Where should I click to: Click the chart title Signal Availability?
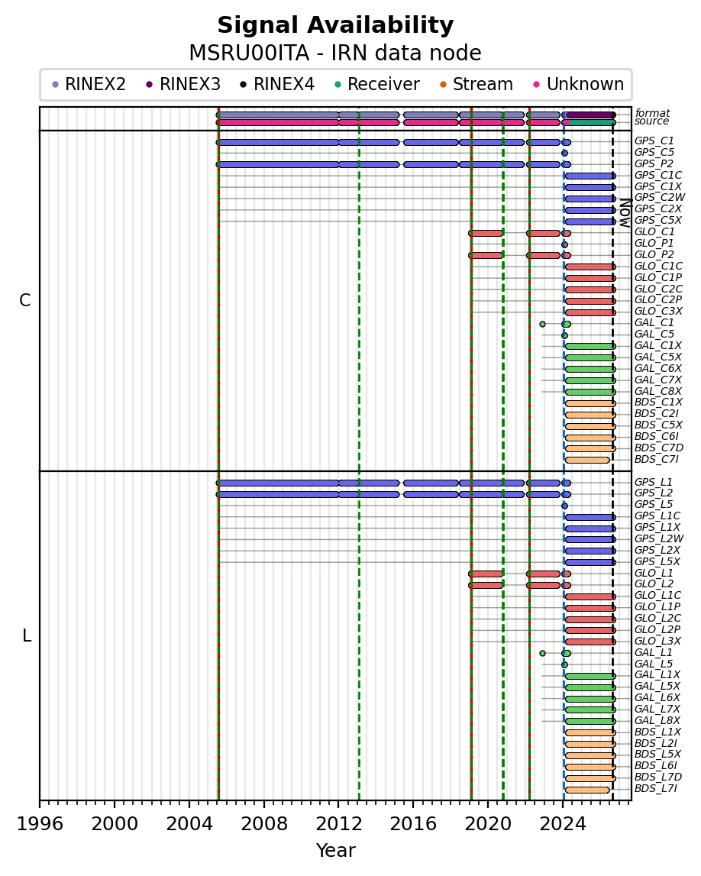335,25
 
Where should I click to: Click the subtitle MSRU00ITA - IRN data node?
335,53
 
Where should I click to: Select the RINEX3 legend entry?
183,84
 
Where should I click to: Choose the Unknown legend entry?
578,84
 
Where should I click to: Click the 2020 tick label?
488,824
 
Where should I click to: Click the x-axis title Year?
336,850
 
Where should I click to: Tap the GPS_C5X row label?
658,221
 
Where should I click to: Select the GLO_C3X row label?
658,312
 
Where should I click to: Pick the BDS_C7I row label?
656,460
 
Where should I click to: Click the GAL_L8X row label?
657,721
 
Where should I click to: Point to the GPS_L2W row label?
659,539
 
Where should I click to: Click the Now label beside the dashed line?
625,213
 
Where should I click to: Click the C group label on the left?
25,301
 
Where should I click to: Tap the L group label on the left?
26,635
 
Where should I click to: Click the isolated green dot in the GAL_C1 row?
542,324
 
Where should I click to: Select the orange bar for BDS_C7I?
587,461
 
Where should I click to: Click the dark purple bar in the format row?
590,115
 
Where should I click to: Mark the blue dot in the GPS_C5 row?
565,153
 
